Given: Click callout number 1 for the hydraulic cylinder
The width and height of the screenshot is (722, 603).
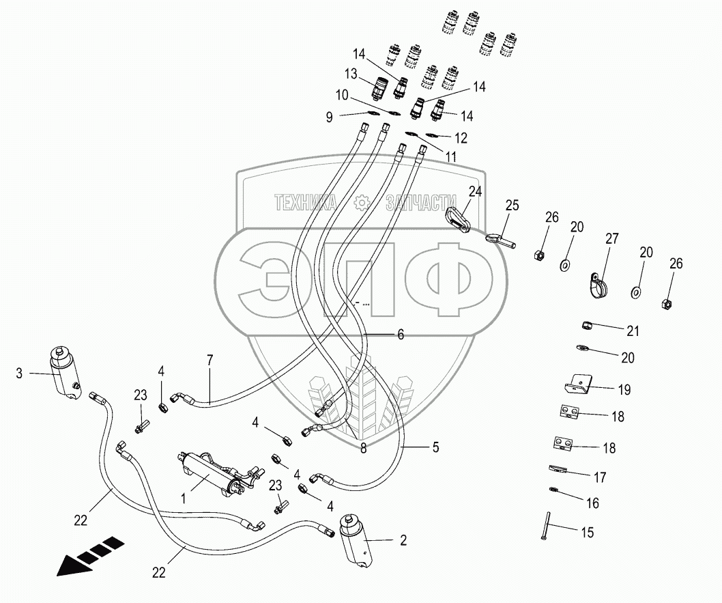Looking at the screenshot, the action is pyautogui.click(x=184, y=499).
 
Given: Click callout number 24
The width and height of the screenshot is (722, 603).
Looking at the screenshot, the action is pyautogui.click(x=475, y=192).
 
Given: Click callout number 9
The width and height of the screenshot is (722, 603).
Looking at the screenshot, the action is pyautogui.click(x=330, y=117).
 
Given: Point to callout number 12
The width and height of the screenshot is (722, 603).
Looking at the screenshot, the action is pyautogui.click(x=461, y=138).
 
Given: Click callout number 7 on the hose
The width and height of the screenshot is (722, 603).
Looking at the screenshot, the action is pyautogui.click(x=210, y=360).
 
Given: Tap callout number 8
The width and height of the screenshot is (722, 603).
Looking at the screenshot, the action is pyautogui.click(x=363, y=449).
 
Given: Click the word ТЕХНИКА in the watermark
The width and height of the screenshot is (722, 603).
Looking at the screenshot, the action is pyautogui.click(x=305, y=201).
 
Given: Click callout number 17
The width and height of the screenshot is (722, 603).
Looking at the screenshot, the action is pyautogui.click(x=601, y=477).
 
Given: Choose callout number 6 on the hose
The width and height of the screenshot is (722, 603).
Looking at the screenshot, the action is pyautogui.click(x=401, y=335).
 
